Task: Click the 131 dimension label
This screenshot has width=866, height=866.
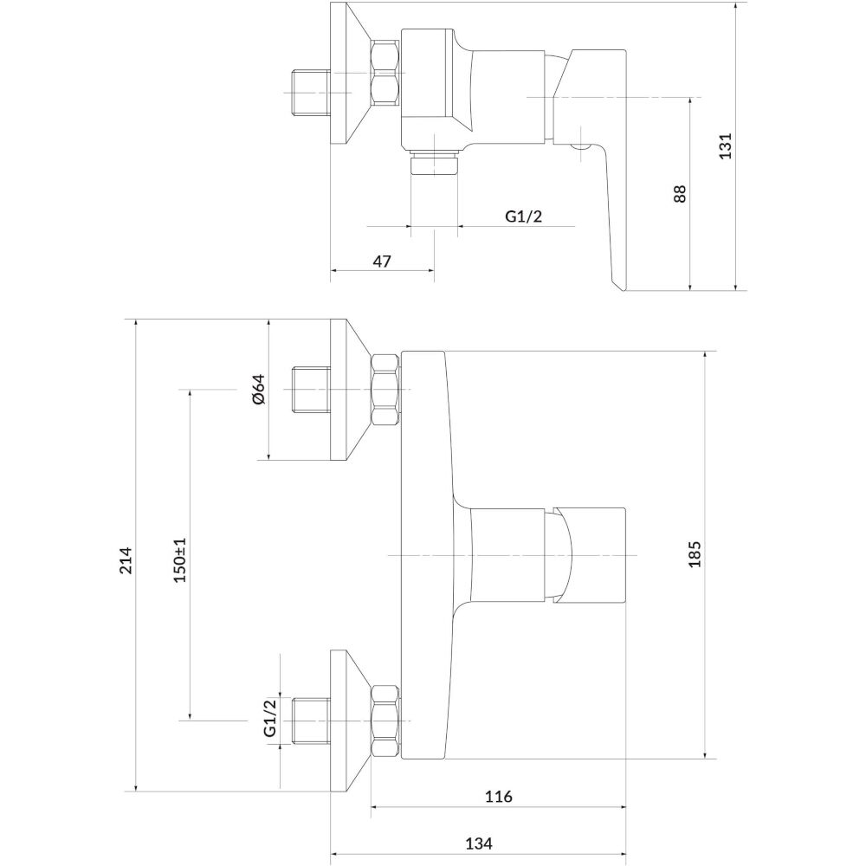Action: point(725,145)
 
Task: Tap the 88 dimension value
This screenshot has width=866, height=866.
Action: point(680,194)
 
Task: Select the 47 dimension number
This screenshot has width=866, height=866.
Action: point(382,262)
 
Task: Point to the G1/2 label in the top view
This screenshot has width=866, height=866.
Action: point(524,216)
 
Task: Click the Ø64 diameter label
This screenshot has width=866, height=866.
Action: point(258,390)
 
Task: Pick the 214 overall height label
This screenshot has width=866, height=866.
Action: point(126,560)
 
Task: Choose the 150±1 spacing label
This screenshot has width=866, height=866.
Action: point(180,559)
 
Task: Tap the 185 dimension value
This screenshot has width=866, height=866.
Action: point(695,554)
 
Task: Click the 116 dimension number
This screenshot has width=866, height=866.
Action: point(498,797)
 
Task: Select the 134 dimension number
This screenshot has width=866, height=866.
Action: point(479,843)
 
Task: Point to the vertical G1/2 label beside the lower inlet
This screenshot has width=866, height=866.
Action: point(270,718)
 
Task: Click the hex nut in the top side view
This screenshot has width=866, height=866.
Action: point(385,73)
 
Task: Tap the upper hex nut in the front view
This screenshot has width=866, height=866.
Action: point(385,390)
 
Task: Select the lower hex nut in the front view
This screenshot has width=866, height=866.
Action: point(385,721)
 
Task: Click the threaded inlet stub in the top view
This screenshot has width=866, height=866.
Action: point(311,93)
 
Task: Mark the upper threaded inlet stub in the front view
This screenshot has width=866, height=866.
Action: point(311,390)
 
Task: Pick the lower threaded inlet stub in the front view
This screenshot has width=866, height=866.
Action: point(311,721)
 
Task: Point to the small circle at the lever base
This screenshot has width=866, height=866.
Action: point(582,146)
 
